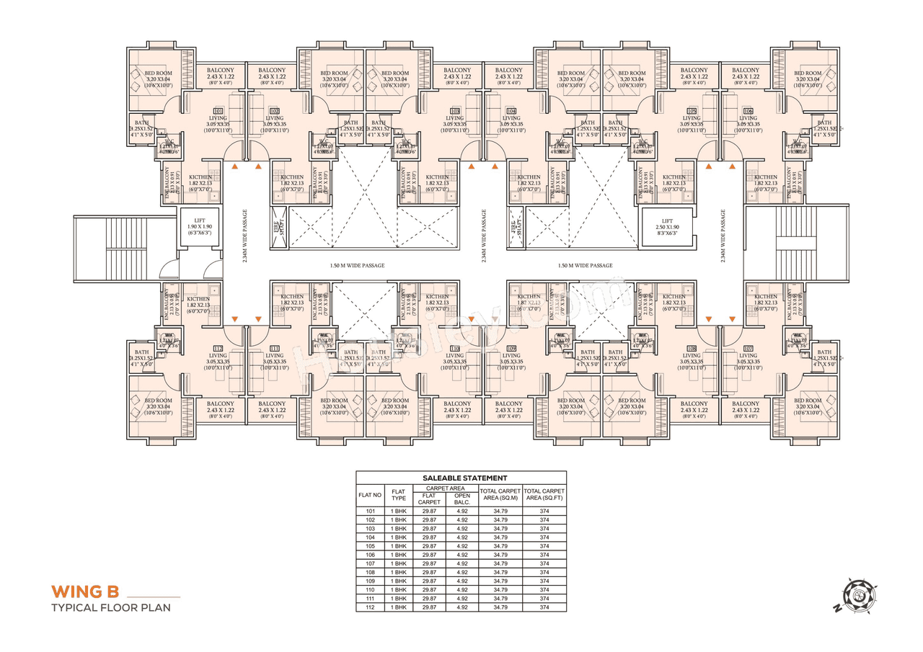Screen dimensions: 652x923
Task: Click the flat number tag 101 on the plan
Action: click(218, 110)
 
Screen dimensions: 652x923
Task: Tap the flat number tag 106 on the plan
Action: click(748, 110)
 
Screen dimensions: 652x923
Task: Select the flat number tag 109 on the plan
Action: click(511, 349)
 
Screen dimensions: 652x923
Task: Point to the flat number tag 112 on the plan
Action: click(218, 349)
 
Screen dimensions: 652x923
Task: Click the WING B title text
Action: click(84, 592)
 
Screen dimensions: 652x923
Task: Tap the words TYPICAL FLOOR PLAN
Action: click(110, 607)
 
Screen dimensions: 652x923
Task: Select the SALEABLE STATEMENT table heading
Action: click(461, 478)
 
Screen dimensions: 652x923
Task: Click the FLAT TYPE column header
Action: click(399, 495)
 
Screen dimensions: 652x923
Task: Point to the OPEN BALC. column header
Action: click(461, 499)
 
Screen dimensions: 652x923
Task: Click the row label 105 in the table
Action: click(371, 546)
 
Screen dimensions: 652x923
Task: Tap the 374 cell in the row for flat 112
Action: click(544, 607)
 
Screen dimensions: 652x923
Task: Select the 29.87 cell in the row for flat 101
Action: click(430, 512)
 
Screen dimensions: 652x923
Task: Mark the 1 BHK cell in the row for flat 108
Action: click(399, 573)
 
